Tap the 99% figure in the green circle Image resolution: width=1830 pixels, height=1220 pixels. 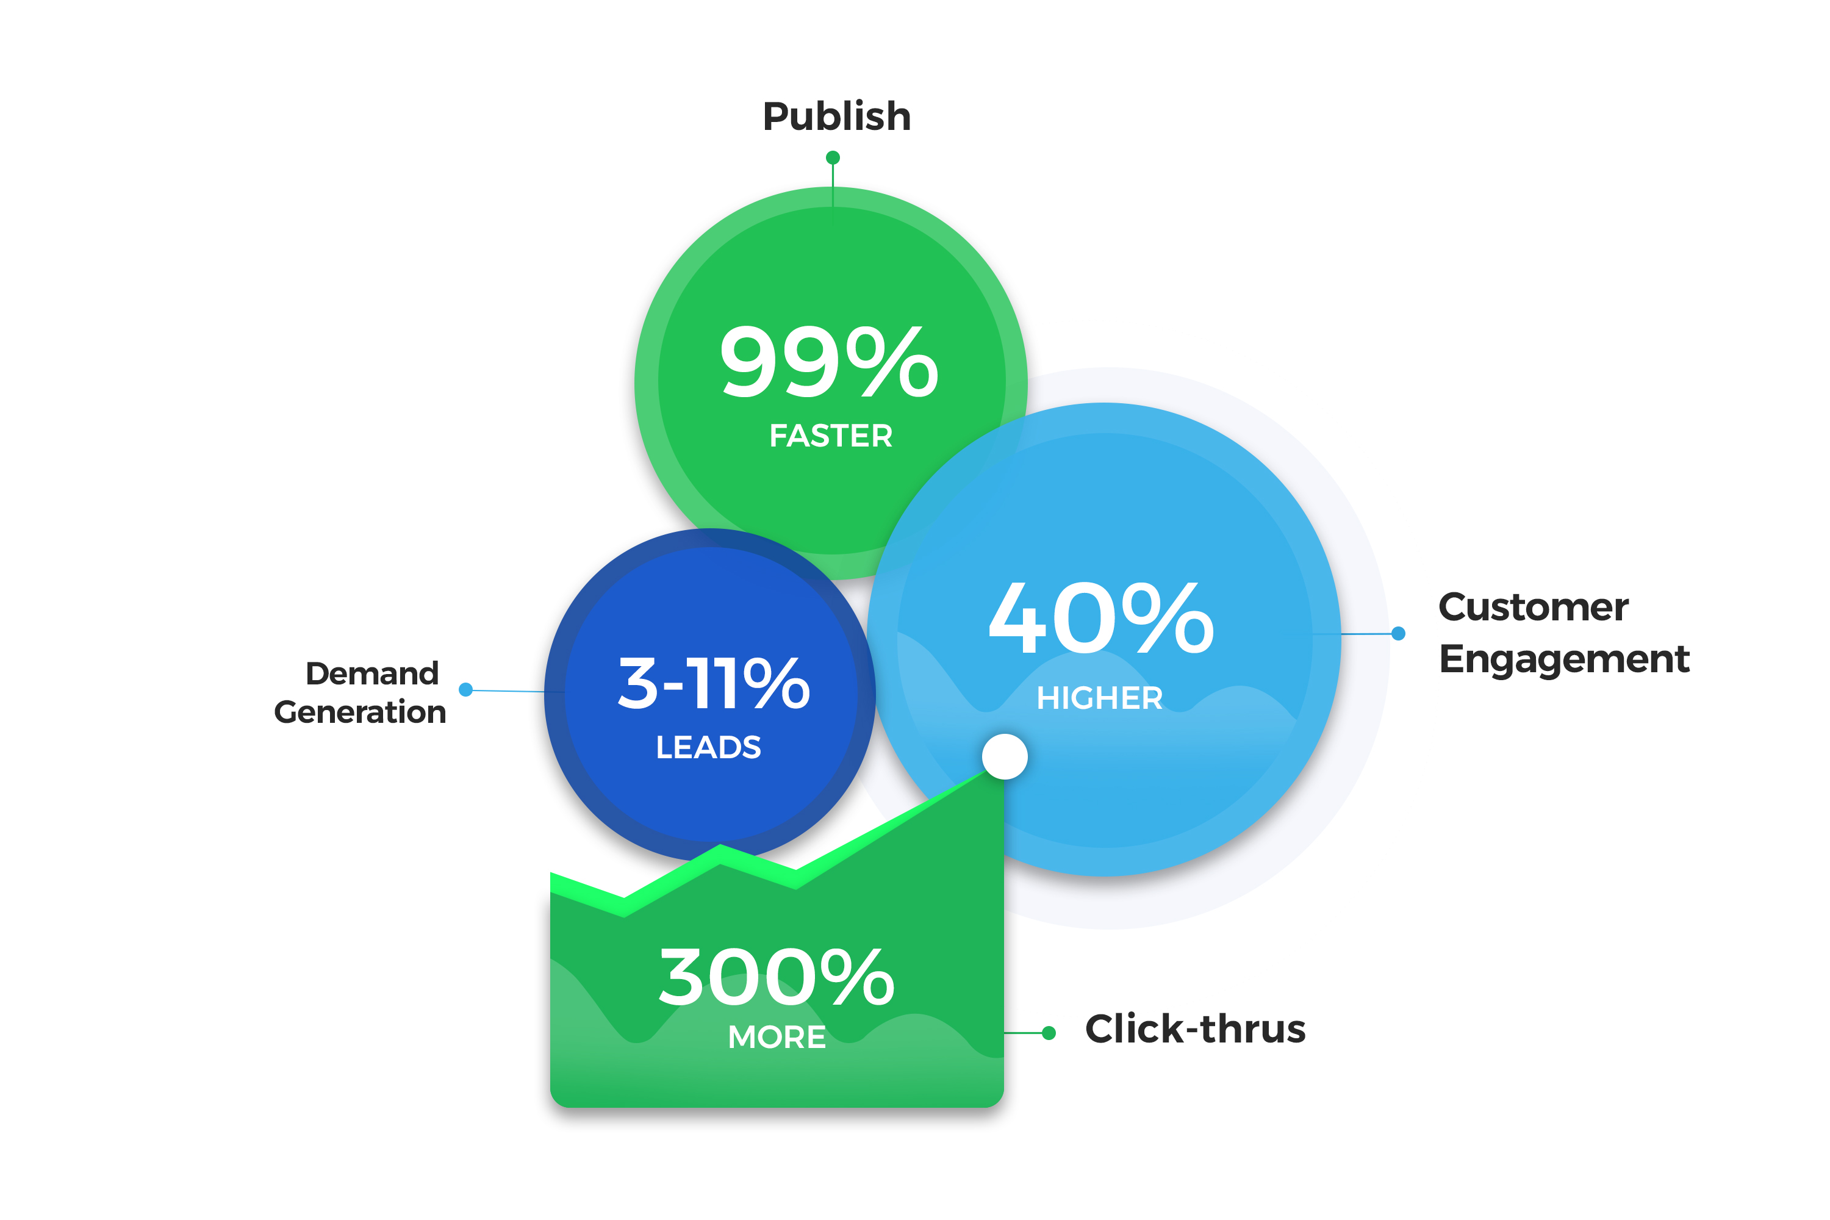[x=830, y=362]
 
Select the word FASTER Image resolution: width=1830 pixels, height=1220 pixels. [x=831, y=436]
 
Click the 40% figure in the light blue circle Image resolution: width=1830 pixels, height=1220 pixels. [x=1101, y=619]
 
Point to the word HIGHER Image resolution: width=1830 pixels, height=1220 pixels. [x=1099, y=698]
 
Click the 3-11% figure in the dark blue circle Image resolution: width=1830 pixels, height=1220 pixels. [x=714, y=683]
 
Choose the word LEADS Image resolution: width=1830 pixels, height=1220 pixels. [x=708, y=747]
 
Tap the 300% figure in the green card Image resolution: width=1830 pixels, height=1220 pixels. [x=777, y=977]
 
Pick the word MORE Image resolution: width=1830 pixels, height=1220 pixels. [x=777, y=1037]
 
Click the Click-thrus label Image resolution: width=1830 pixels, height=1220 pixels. [x=1195, y=1030]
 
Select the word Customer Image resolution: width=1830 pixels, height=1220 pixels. [x=1533, y=607]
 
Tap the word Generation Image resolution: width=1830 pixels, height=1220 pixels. [x=361, y=712]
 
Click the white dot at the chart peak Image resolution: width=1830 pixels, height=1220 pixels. [x=1005, y=756]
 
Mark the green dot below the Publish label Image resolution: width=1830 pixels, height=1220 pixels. [x=833, y=158]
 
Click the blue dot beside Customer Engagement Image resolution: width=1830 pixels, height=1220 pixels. [x=1398, y=633]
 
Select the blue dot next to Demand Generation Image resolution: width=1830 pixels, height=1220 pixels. [x=466, y=689]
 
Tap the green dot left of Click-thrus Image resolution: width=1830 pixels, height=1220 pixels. [x=1049, y=1033]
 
